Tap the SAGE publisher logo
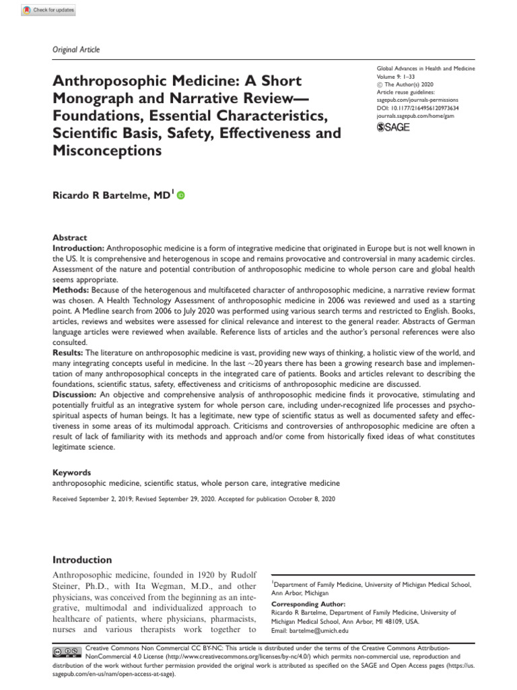coord(393,127)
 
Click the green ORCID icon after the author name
coord(180,195)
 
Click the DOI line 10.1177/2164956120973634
coord(417,106)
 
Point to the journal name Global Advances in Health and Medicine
coord(425,69)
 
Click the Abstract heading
coord(70,238)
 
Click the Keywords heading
coord(71,472)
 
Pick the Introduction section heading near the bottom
coord(82,560)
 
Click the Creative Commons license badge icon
coord(67,651)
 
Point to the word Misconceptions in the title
coord(107,151)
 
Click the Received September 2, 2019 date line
coord(192,499)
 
